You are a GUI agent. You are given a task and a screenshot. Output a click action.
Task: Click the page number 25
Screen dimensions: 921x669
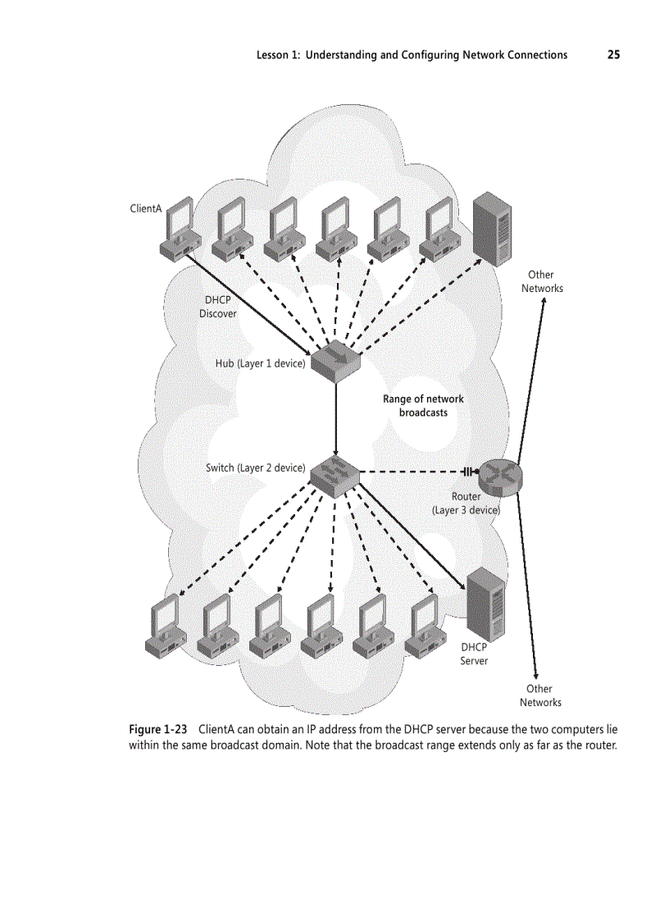613,55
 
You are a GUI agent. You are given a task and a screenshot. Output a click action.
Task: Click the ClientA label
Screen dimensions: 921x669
146,208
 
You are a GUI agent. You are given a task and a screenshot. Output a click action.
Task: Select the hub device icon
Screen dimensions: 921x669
337,360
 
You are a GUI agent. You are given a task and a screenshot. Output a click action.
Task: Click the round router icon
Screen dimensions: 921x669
499,474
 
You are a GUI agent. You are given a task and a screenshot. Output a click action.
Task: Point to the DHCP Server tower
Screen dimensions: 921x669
485,604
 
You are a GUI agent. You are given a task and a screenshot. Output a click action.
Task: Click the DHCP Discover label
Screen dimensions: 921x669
217,307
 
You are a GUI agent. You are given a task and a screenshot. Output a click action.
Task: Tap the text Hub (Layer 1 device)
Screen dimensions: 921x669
260,363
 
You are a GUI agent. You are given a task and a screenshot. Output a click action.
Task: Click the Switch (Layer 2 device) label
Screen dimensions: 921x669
255,468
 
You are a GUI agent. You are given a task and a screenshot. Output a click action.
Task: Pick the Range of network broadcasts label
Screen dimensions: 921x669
423,406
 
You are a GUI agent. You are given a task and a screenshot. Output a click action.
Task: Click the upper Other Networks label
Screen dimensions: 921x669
541,281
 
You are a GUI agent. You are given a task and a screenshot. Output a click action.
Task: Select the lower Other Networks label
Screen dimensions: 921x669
540,695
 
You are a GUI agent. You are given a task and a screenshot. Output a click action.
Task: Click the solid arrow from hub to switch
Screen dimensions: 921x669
337,414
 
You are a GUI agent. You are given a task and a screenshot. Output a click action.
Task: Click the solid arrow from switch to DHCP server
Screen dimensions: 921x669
410,533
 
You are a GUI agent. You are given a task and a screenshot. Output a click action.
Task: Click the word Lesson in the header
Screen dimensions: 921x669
273,55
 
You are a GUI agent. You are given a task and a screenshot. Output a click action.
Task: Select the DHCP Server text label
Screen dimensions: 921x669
474,654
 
